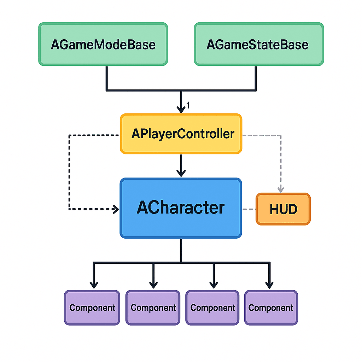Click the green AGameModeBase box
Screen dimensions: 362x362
tap(103, 44)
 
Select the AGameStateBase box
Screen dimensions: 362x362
tap(259, 44)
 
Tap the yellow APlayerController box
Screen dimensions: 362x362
tap(181, 134)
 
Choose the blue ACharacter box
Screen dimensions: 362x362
tap(181, 208)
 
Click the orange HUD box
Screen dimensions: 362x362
tap(283, 209)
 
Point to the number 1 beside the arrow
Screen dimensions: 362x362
tap(188, 105)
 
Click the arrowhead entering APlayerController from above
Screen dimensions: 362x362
tap(181, 109)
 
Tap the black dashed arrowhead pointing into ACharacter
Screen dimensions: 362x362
tap(116, 209)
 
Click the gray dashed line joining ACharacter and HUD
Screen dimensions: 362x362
tap(249, 209)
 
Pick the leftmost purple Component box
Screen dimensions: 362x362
tap(92, 308)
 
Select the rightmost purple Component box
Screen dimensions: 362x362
tap(271, 308)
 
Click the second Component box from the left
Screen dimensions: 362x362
tap(153, 308)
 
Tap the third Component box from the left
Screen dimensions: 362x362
tap(213, 308)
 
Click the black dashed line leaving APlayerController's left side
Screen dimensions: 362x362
tap(94, 135)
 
